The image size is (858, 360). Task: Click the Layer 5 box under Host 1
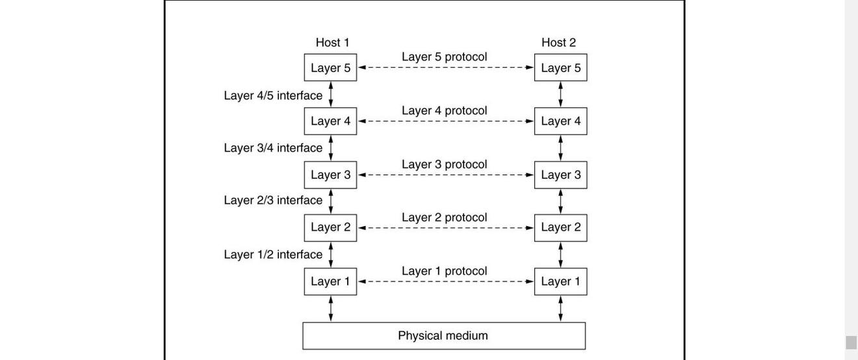click(x=330, y=68)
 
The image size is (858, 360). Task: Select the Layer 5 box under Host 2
click(x=560, y=68)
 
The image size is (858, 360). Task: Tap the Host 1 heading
click(x=332, y=42)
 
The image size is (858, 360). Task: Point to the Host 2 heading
click(x=558, y=42)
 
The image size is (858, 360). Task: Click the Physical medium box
click(x=443, y=336)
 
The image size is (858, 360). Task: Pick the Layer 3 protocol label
click(x=444, y=164)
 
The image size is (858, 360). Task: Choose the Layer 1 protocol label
click(x=444, y=271)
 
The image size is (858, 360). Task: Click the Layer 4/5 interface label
click(x=273, y=96)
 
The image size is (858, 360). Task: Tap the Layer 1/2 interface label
click(x=273, y=255)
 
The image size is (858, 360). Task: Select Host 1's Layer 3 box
click(x=330, y=175)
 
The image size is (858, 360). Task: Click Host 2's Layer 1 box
click(x=560, y=281)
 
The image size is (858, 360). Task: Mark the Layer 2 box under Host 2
click(x=560, y=227)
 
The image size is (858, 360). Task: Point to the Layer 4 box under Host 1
click(x=330, y=121)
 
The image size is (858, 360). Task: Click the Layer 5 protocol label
click(x=444, y=57)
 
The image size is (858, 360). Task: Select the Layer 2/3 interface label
click(x=273, y=200)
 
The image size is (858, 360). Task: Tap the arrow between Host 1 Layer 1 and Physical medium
click(x=331, y=309)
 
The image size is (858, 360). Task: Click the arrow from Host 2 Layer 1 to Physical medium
click(x=560, y=309)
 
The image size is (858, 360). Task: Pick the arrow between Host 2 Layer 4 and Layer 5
click(x=560, y=94)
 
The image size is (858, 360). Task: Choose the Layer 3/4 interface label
click(x=273, y=148)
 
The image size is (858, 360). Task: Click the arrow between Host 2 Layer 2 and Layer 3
click(x=560, y=201)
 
